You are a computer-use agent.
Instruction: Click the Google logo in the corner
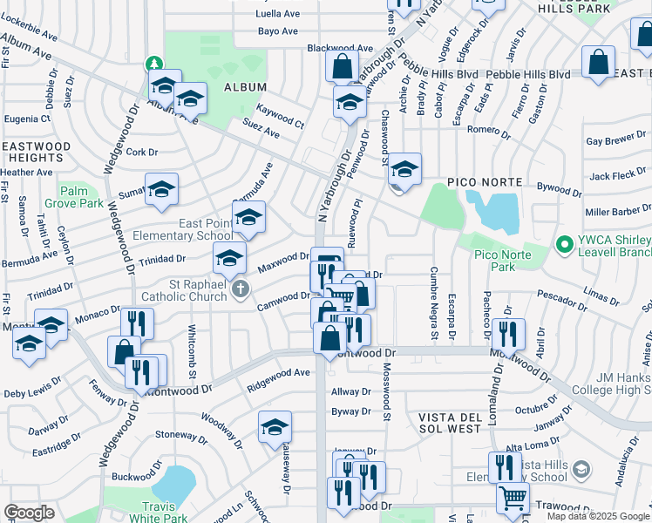(29, 512)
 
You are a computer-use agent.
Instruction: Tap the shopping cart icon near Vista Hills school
(513, 498)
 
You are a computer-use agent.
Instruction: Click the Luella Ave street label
(277, 14)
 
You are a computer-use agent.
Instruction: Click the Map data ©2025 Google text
(598, 516)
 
